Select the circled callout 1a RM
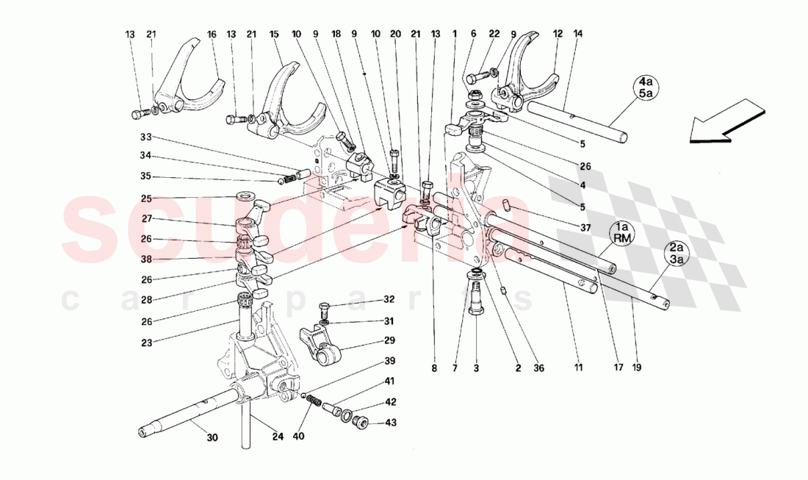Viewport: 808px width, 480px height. click(622, 234)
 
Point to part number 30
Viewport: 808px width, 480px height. click(212, 439)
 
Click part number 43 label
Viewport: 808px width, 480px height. click(392, 422)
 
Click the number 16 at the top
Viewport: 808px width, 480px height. click(211, 34)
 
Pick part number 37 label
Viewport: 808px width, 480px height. click(585, 228)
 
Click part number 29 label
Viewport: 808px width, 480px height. click(389, 340)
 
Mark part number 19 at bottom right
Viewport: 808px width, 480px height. click(636, 367)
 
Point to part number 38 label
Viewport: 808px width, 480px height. click(146, 259)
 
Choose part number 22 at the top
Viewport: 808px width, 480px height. click(494, 34)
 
